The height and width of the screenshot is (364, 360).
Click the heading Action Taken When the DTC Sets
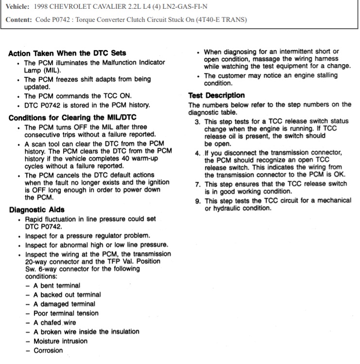point(67,53)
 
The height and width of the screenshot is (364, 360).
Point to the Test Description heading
point(216,95)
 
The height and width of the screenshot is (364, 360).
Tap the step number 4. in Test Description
point(198,153)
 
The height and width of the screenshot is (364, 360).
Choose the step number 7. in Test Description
point(198,184)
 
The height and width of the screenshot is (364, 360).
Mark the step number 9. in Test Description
point(198,201)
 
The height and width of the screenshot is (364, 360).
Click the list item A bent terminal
point(57,285)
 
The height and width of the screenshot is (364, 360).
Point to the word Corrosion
point(48,350)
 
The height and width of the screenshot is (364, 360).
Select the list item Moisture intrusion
point(60,341)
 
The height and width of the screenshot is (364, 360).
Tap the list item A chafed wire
point(55,323)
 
